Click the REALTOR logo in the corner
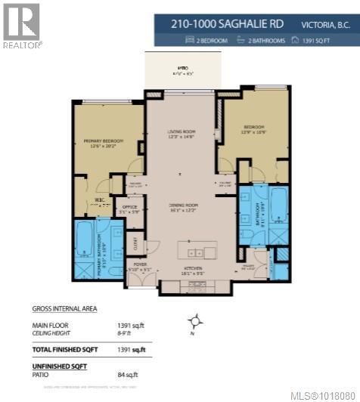(21, 25)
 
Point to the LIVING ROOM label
(181, 131)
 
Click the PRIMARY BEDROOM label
(104, 140)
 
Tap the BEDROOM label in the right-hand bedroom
(254, 126)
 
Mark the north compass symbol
(196, 322)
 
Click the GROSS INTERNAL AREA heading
(64, 308)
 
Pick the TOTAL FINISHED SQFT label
(67, 350)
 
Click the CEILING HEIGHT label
(52, 331)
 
